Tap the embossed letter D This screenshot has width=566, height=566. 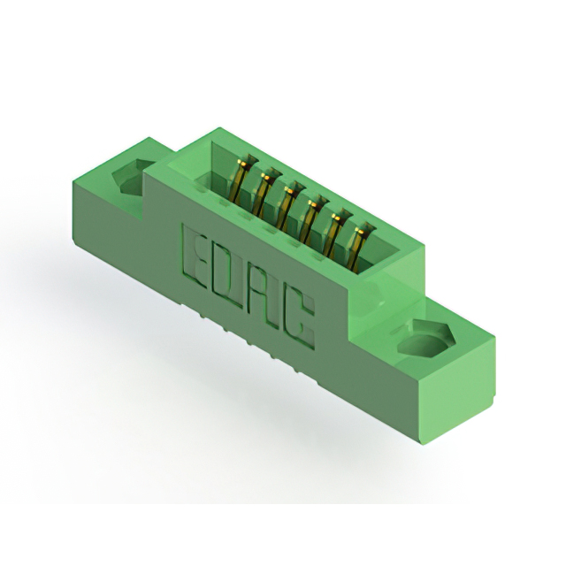tap(232, 276)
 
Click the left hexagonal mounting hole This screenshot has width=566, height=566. tap(132, 177)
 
